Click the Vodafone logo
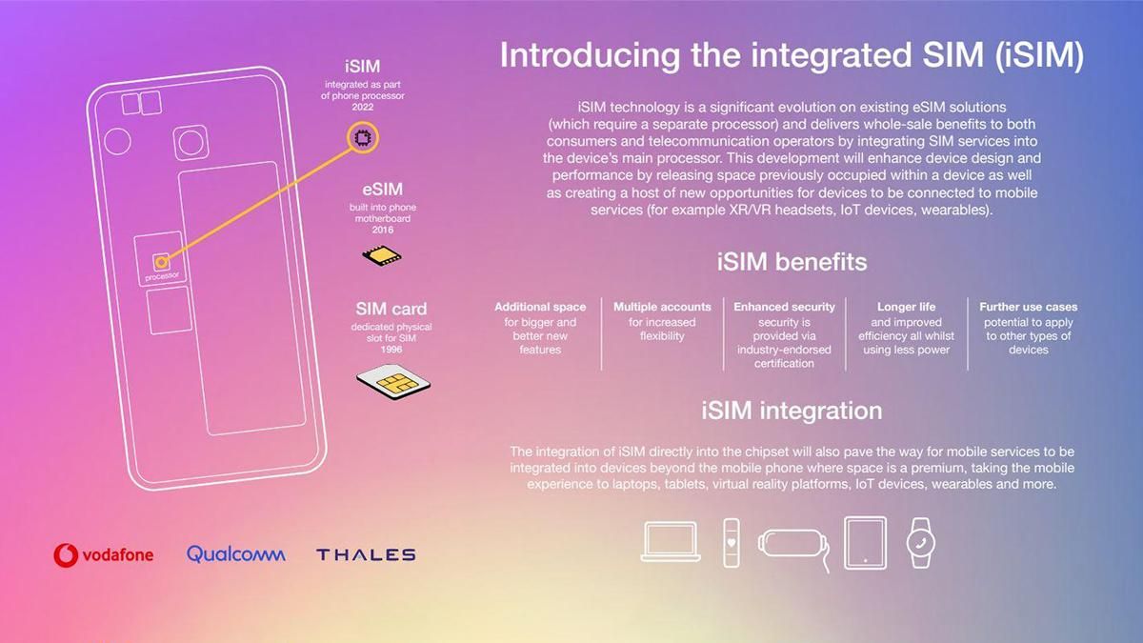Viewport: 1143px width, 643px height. pos(104,553)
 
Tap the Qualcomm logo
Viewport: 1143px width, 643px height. pos(235,553)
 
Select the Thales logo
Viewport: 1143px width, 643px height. pos(366,554)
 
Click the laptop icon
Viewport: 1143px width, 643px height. pos(672,542)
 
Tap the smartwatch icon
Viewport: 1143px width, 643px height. pos(920,542)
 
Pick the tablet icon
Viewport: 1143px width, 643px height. pos(865,542)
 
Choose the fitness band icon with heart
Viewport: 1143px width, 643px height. pos(731,542)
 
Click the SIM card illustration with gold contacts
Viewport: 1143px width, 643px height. pos(392,381)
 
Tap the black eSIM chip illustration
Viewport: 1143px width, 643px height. pos(381,254)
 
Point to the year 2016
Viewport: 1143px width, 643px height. pos(381,230)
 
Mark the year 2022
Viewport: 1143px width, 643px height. pos(362,107)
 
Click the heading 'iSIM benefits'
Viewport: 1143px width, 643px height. pos(792,262)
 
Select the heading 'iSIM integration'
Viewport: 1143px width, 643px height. pos(792,411)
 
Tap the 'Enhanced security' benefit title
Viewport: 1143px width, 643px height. pos(784,307)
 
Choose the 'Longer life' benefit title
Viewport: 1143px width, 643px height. pos(906,307)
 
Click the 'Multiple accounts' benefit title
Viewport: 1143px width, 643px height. pos(662,307)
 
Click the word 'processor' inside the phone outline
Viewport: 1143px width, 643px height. pos(162,276)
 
